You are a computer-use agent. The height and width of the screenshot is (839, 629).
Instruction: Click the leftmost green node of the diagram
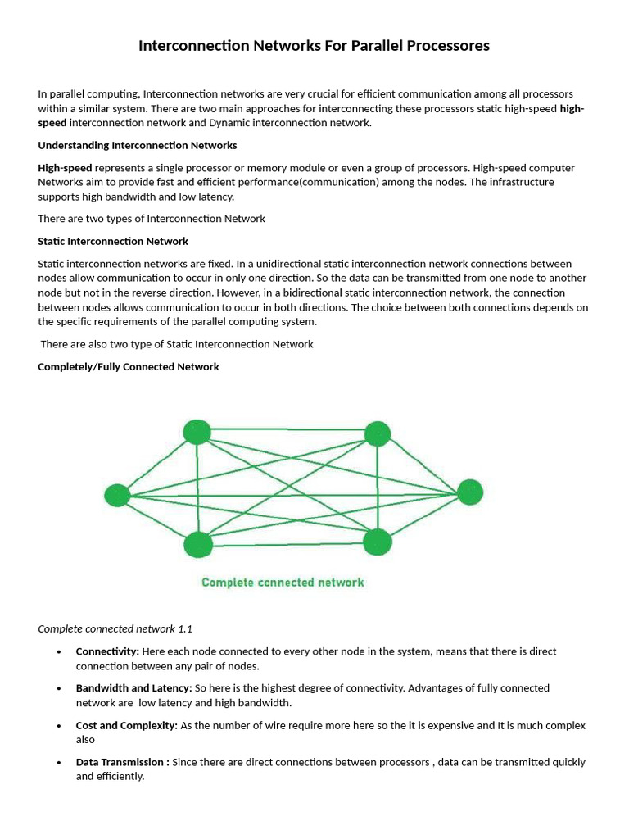click(118, 495)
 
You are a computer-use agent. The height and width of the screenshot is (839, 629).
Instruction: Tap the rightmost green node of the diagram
click(470, 492)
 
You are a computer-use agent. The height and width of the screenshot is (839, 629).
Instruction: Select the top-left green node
click(197, 432)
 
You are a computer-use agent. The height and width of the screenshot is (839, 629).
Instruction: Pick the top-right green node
click(377, 433)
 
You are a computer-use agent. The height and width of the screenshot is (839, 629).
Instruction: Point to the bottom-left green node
click(198, 544)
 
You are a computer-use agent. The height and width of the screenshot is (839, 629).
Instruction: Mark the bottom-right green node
click(377, 541)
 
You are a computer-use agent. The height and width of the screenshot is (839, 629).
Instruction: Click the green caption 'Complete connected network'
click(283, 583)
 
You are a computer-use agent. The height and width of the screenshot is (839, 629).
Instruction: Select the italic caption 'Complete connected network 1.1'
click(115, 628)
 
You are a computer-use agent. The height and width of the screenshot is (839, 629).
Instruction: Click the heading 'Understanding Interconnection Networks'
click(138, 145)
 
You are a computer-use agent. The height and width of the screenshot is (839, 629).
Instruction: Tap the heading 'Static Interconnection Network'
click(113, 241)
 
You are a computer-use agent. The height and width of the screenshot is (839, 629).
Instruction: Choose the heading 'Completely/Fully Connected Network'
click(129, 366)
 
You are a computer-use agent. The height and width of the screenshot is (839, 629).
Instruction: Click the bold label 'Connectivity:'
click(107, 651)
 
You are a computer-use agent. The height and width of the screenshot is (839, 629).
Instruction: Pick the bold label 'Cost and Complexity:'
click(126, 725)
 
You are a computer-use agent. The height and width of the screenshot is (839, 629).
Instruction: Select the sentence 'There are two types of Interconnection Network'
click(152, 219)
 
